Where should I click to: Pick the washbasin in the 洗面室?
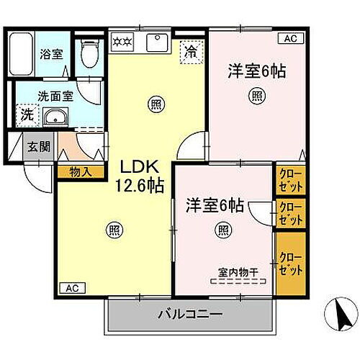(54, 117)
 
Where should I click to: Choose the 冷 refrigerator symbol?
(191, 52)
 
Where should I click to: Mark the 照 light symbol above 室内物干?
(223, 230)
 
